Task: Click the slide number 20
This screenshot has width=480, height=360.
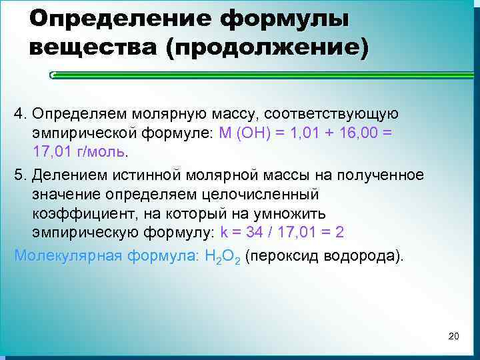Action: (454, 335)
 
